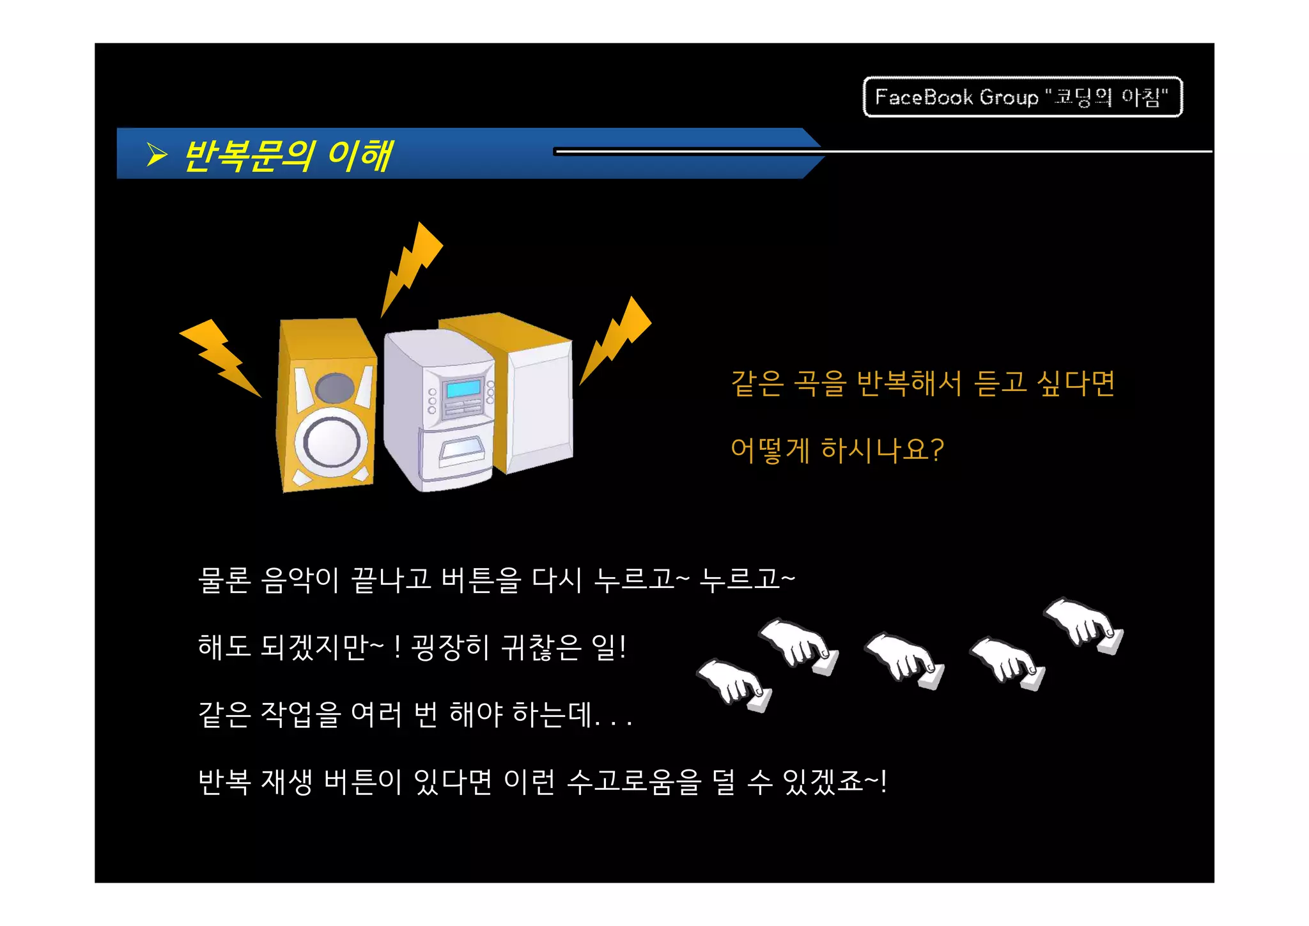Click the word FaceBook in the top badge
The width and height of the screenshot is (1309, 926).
(924, 97)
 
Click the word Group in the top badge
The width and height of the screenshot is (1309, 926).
(1009, 98)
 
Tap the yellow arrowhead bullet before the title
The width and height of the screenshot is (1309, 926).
(157, 155)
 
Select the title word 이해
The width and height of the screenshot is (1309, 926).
(359, 156)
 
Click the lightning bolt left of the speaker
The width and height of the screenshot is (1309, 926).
(221, 358)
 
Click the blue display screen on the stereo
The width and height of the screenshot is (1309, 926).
(463, 389)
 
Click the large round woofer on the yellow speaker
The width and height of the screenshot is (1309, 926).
(331, 442)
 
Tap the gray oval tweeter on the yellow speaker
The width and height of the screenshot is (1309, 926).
(335, 388)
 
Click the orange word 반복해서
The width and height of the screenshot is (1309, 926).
(909, 383)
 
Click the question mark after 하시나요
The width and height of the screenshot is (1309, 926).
(937, 450)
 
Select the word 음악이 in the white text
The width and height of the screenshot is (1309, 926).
(300, 580)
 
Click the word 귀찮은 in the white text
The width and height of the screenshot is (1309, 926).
(541, 647)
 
